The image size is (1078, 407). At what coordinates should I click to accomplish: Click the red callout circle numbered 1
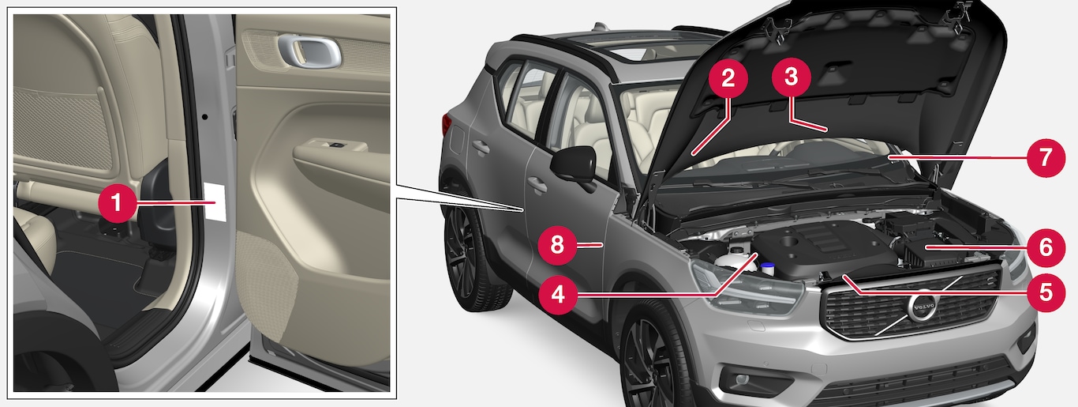pos(118,203)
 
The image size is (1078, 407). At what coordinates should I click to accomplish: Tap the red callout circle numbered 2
pos(728,78)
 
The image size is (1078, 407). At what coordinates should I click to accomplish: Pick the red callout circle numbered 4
pos(558,294)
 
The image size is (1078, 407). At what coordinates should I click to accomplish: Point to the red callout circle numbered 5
pos(1046,292)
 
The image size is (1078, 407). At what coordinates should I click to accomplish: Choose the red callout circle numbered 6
pos(1046,247)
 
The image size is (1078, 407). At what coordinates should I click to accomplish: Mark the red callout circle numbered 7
pos(1046,157)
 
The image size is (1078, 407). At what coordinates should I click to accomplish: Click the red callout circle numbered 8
pos(557,245)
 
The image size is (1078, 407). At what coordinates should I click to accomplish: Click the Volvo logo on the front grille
pos(922,307)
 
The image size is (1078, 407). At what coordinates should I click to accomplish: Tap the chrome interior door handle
pos(309,51)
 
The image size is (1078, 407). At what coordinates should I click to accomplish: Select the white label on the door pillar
pos(215,202)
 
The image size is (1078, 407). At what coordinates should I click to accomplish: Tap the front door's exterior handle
pos(537,184)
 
